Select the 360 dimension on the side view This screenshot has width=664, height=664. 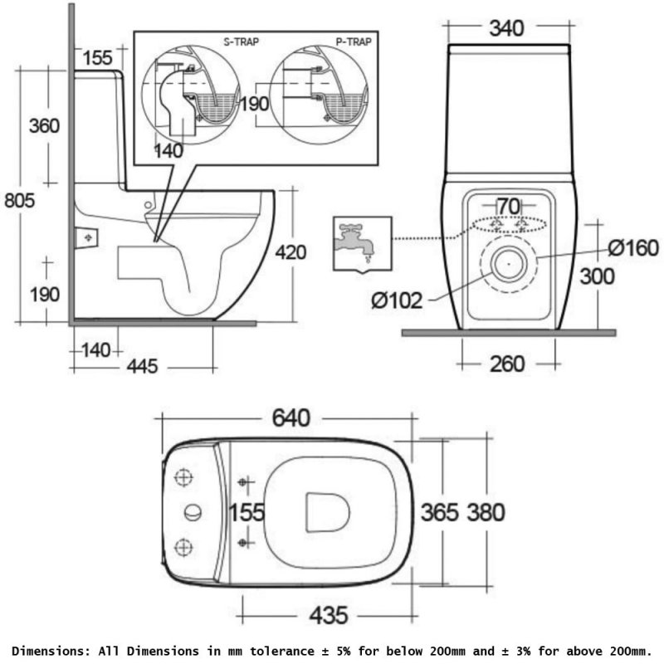click(x=44, y=126)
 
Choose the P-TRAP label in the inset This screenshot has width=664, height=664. click(x=354, y=40)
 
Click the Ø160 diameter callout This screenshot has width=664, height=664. click(x=632, y=247)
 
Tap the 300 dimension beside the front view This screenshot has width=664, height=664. click(x=598, y=276)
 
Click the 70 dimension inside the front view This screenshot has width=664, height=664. click(x=508, y=206)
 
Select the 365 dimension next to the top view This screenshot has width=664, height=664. click(x=437, y=512)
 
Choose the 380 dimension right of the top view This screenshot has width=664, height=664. click(x=484, y=512)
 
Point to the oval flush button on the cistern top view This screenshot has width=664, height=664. click(x=193, y=512)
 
